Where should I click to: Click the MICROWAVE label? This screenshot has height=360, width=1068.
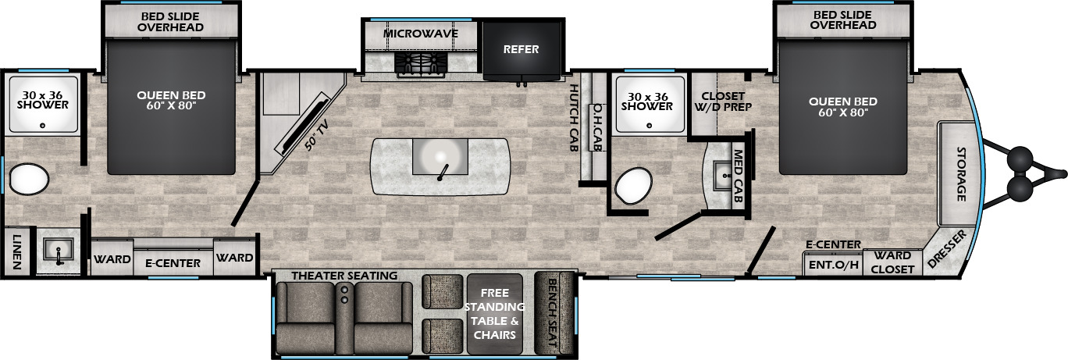pyautogui.click(x=421, y=34)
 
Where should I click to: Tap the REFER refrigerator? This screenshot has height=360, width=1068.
pyautogui.click(x=522, y=50)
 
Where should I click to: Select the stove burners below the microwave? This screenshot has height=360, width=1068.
pyautogui.click(x=421, y=64)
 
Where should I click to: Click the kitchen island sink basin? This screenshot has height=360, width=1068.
pyautogui.click(x=440, y=157)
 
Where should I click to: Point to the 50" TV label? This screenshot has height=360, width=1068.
pyautogui.click(x=317, y=135)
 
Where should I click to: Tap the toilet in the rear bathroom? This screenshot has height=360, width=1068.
pyautogui.click(x=29, y=179)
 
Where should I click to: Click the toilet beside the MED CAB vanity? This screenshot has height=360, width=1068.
pyautogui.click(x=633, y=186)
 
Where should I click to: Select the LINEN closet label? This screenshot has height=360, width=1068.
pyautogui.click(x=16, y=251)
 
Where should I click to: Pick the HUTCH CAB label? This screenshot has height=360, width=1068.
pyautogui.click(x=574, y=118)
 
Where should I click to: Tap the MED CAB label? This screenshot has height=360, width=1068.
pyautogui.click(x=738, y=176)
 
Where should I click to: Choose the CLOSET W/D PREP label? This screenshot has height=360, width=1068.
pyautogui.click(x=723, y=102)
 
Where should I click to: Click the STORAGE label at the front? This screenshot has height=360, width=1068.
pyautogui.click(x=961, y=174)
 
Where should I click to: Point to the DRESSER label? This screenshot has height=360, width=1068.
pyautogui.click(x=947, y=248)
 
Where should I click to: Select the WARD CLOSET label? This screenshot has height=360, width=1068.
pyautogui.click(x=892, y=262)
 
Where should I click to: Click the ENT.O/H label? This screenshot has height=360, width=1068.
pyautogui.click(x=834, y=265)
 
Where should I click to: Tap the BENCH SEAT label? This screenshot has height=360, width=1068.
pyautogui.click(x=552, y=312)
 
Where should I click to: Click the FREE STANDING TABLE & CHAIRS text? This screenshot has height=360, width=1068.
pyautogui.click(x=494, y=314)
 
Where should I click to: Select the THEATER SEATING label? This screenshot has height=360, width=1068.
pyautogui.click(x=344, y=276)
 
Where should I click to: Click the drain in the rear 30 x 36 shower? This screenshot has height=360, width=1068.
pyautogui.click(x=42, y=126)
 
